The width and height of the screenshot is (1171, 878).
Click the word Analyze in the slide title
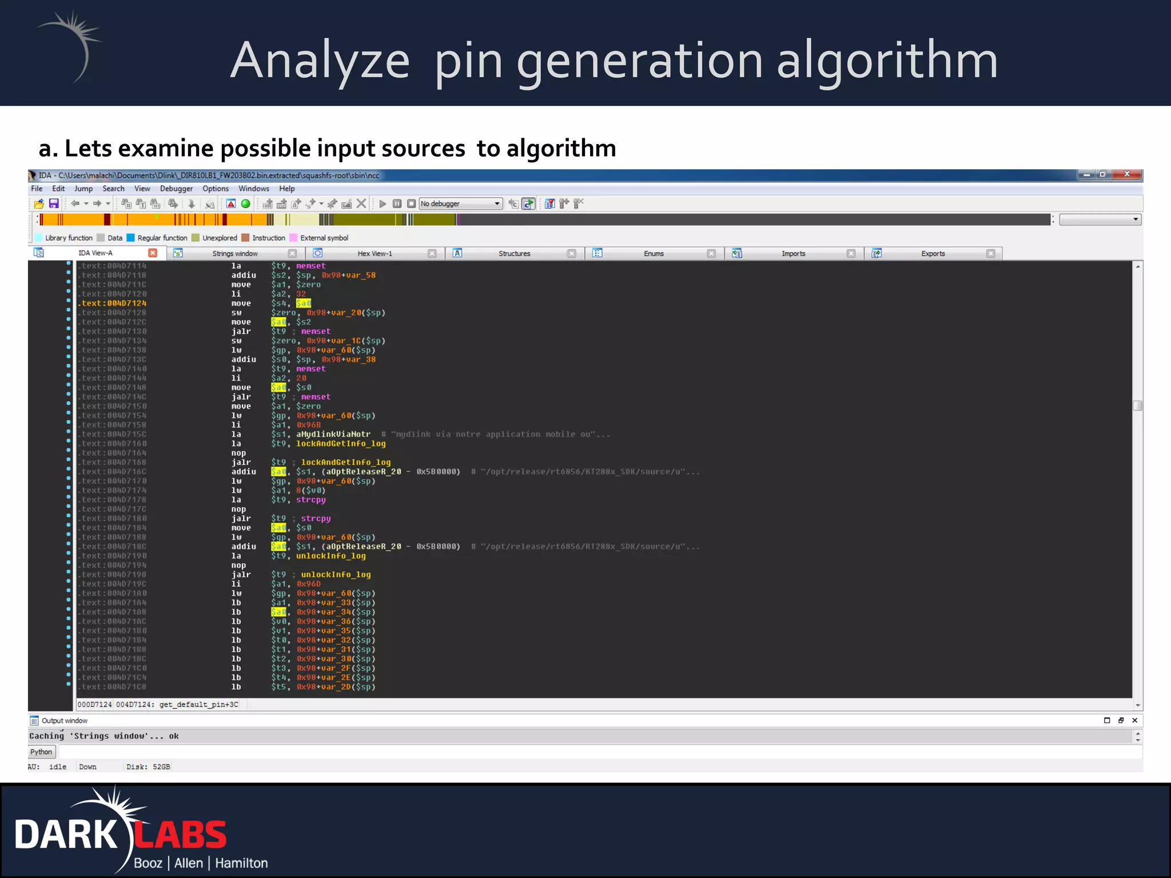tap(320, 61)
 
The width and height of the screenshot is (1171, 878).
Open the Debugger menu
tap(176, 189)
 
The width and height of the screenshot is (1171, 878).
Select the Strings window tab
tap(235, 253)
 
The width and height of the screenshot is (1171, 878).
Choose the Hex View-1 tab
tap(375, 253)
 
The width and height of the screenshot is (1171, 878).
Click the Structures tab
tap(514, 253)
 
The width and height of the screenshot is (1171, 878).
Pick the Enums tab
tap(654, 253)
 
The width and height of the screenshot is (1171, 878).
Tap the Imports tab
tap(793, 253)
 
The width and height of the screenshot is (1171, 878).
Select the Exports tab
tap(933, 253)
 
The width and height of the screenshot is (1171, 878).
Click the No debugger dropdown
tap(460, 203)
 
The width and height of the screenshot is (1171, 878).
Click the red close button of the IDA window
tap(1126, 174)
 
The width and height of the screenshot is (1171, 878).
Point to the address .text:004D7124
tap(113, 304)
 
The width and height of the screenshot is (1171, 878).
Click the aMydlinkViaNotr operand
tap(333, 434)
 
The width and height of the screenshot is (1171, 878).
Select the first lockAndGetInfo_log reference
tap(341, 444)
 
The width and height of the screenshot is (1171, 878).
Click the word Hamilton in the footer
tap(241, 863)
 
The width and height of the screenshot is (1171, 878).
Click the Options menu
tap(216, 189)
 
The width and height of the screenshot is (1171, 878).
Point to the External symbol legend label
tap(324, 238)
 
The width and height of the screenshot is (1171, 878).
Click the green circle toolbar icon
tap(246, 203)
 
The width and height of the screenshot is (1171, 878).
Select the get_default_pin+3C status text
tap(198, 704)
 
